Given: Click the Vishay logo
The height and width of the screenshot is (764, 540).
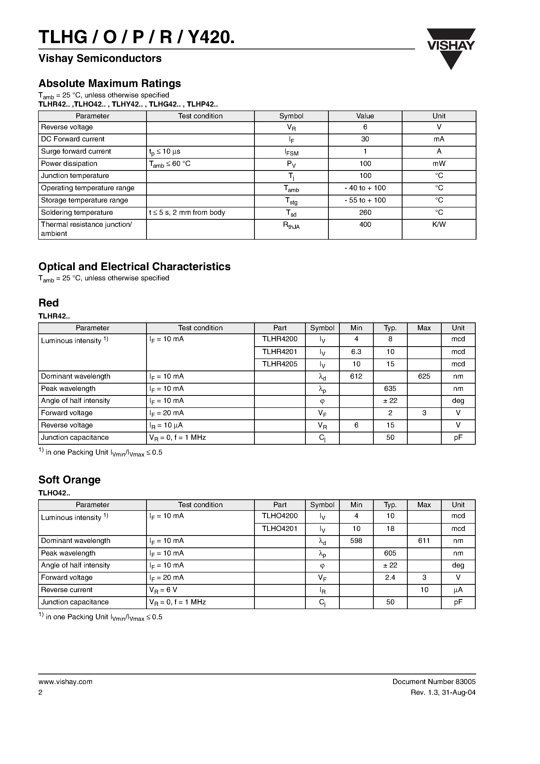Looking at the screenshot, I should (451, 49).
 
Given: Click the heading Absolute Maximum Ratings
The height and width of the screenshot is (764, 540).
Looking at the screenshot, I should (110, 83).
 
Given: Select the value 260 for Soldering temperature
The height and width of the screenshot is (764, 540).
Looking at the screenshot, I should (365, 212).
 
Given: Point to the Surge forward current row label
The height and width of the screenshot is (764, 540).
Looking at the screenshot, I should (76, 151).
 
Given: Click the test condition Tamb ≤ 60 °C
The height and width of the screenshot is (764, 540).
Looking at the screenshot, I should (170, 164).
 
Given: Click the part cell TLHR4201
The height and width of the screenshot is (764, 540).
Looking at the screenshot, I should (279, 352).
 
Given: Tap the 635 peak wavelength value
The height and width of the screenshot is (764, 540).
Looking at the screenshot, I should (390, 389).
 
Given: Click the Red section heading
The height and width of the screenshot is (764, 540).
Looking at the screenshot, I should (49, 303).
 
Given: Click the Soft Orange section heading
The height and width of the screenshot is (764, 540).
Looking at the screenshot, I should (69, 479).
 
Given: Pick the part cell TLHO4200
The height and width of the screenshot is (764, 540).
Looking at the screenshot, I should (279, 516).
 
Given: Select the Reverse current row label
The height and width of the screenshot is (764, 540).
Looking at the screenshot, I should (67, 590).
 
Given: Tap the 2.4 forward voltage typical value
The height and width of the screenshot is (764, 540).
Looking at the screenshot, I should (390, 577).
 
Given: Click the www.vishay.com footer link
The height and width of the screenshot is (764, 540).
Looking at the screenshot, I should (65, 681).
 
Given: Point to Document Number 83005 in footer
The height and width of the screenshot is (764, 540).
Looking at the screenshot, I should (434, 681).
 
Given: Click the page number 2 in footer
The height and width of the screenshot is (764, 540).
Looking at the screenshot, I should (41, 692).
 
